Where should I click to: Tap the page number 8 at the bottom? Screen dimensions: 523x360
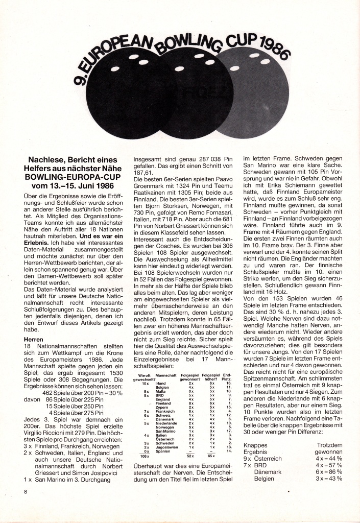pos(24,492)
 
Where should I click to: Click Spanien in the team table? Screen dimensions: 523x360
pos(163,451)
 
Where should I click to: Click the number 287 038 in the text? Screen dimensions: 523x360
pos(209,159)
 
